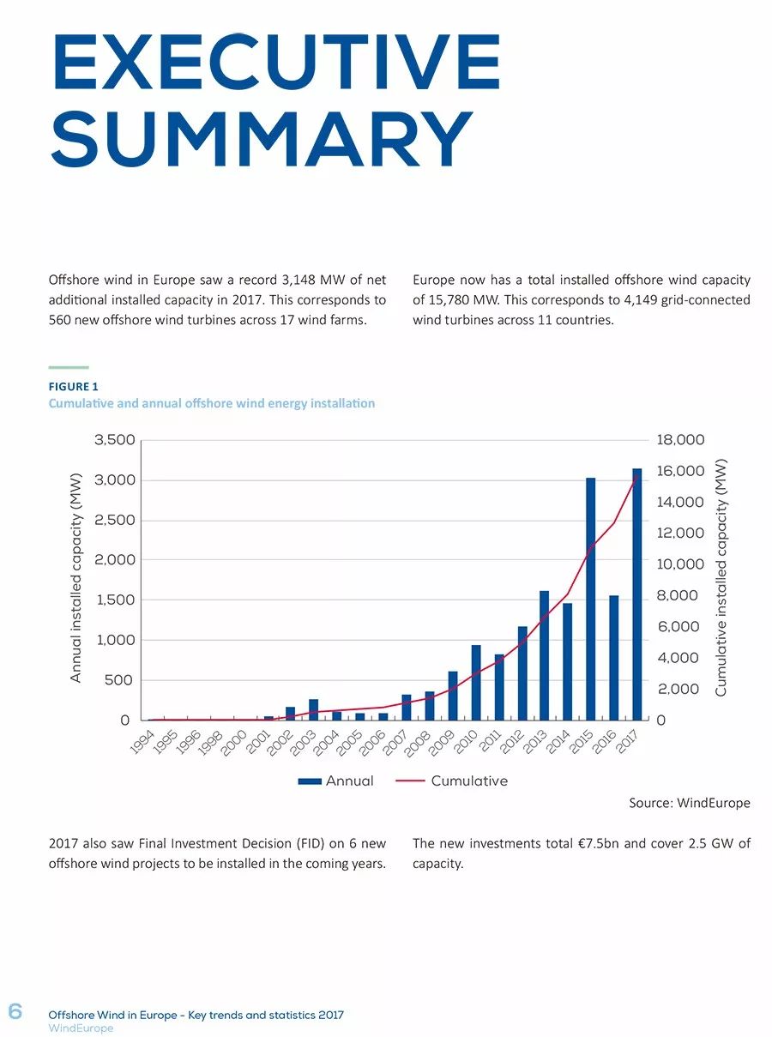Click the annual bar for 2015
click(590, 599)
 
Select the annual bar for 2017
click(636, 594)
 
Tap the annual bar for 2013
click(545, 655)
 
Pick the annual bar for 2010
click(476, 683)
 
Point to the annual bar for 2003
click(313, 709)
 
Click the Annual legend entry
click(335, 781)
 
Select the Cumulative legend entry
click(451, 781)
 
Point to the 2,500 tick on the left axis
click(115, 520)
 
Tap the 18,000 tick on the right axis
click(680, 439)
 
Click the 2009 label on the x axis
click(442, 743)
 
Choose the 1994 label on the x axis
click(142, 743)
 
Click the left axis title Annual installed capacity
click(75, 578)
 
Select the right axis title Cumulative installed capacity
click(721, 578)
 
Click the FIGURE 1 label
click(74, 387)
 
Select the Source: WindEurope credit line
click(690, 803)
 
